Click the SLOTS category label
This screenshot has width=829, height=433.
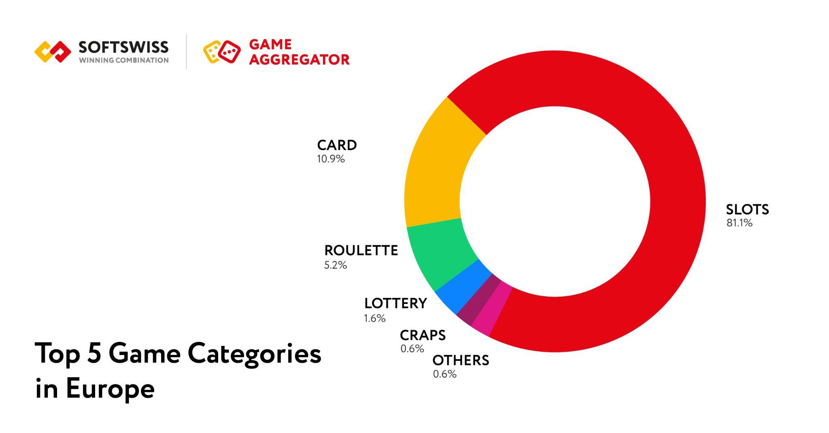pyautogui.click(x=747, y=209)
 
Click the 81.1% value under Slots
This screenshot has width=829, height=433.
pyautogui.click(x=740, y=223)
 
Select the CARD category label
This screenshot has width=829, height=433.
pyautogui.click(x=337, y=145)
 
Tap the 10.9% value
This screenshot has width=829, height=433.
pyautogui.click(x=331, y=159)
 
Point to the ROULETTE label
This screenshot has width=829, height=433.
pyautogui.click(x=361, y=250)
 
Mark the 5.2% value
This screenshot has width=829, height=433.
pyautogui.click(x=336, y=265)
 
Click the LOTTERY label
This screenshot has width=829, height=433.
pyautogui.click(x=395, y=303)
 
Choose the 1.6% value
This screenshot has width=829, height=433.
pyautogui.click(x=375, y=318)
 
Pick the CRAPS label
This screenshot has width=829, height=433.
pyautogui.click(x=423, y=335)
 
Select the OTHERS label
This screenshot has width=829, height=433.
pyautogui.click(x=461, y=360)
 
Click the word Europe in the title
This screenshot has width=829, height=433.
pyautogui.click(x=110, y=388)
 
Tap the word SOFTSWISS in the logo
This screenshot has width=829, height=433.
pyautogui.click(x=123, y=47)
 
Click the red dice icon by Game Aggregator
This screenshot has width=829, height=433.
pyautogui.click(x=229, y=51)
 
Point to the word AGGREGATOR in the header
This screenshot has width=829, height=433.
pyautogui.click(x=299, y=59)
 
